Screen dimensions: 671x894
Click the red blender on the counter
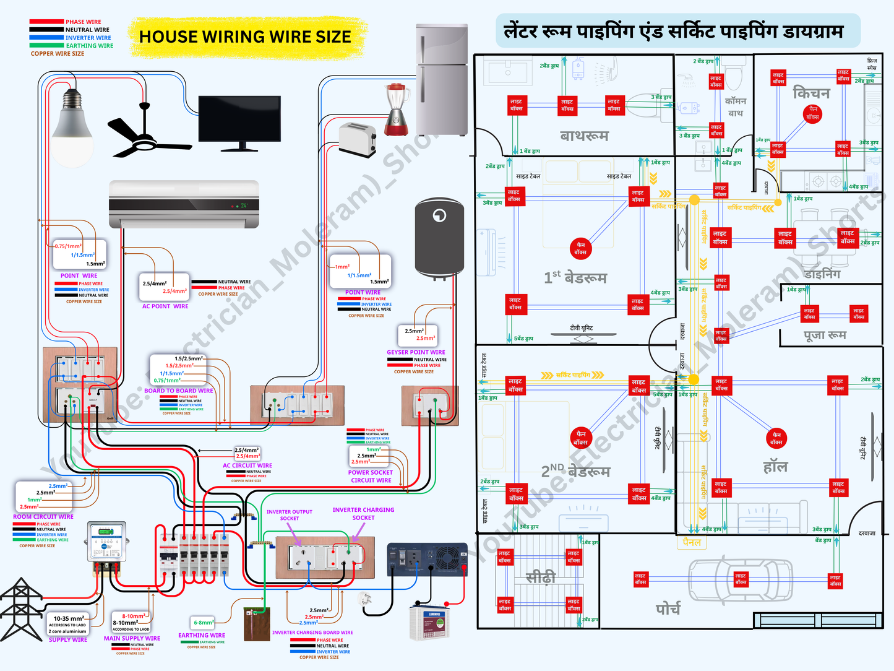(x=396, y=110)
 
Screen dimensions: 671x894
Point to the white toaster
(x=358, y=139)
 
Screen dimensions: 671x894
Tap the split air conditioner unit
(x=184, y=204)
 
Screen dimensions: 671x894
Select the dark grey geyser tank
(x=439, y=238)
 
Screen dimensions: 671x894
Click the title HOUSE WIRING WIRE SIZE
(x=245, y=37)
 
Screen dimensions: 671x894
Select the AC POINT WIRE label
(x=165, y=306)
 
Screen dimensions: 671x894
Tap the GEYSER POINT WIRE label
(x=416, y=352)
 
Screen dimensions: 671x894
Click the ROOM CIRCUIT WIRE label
(x=43, y=516)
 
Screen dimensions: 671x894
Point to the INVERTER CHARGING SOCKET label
(x=363, y=514)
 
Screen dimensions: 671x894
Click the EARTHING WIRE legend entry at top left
(x=89, y=46)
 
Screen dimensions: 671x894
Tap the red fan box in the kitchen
(x=812, y=113)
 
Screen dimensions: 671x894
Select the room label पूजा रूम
(x=825, y=335)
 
